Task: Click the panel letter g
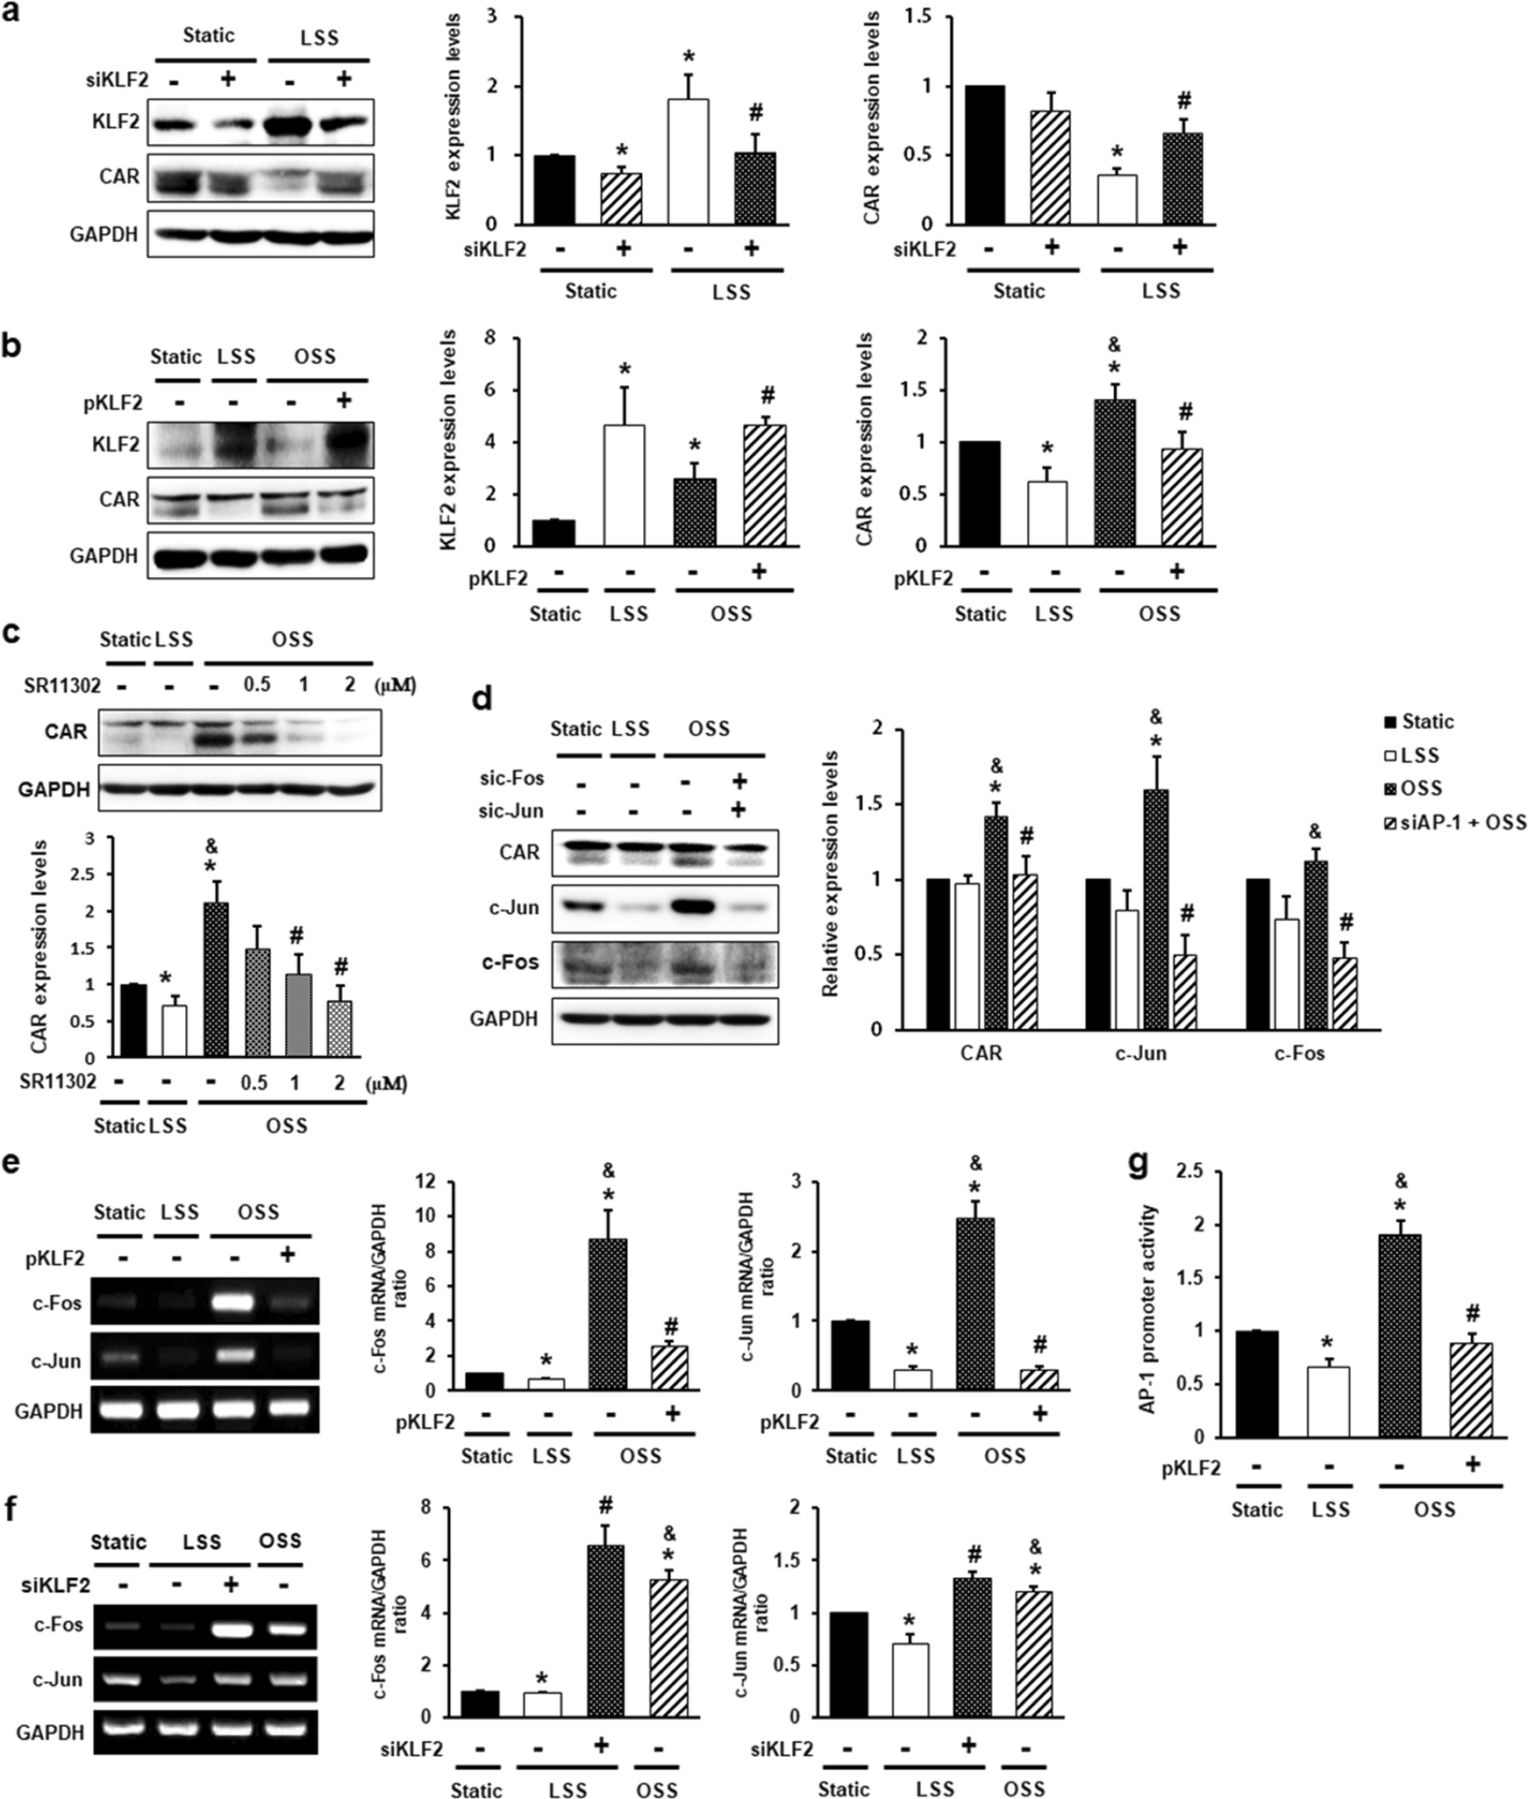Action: pyautogui.click(x=1138, y=1165)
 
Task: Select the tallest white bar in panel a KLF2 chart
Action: pyautogui.click(x=688, y=161)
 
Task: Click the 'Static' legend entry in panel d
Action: pyautogui.click(x=1418, y=722)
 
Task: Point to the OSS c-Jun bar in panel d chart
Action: pyautogui.click(x=1155, y=909)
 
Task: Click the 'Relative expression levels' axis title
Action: pyautogui.click(x=830, y=873)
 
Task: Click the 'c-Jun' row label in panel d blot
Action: pyautogui.click(x=514, y=908)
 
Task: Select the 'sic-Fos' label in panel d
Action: pyautogui.click(x=511, y=779)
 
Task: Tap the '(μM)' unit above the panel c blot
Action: pyautogui.click(x=396, y=684)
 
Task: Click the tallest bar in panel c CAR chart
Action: pyautogui.click(x=216, y=979)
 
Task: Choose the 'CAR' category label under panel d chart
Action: pyautogui.click(x=981, y=1053)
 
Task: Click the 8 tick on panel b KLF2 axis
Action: pyautogui.click(x=489, y=338)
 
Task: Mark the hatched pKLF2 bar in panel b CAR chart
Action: pyautogui.click(x=1182, y=497)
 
